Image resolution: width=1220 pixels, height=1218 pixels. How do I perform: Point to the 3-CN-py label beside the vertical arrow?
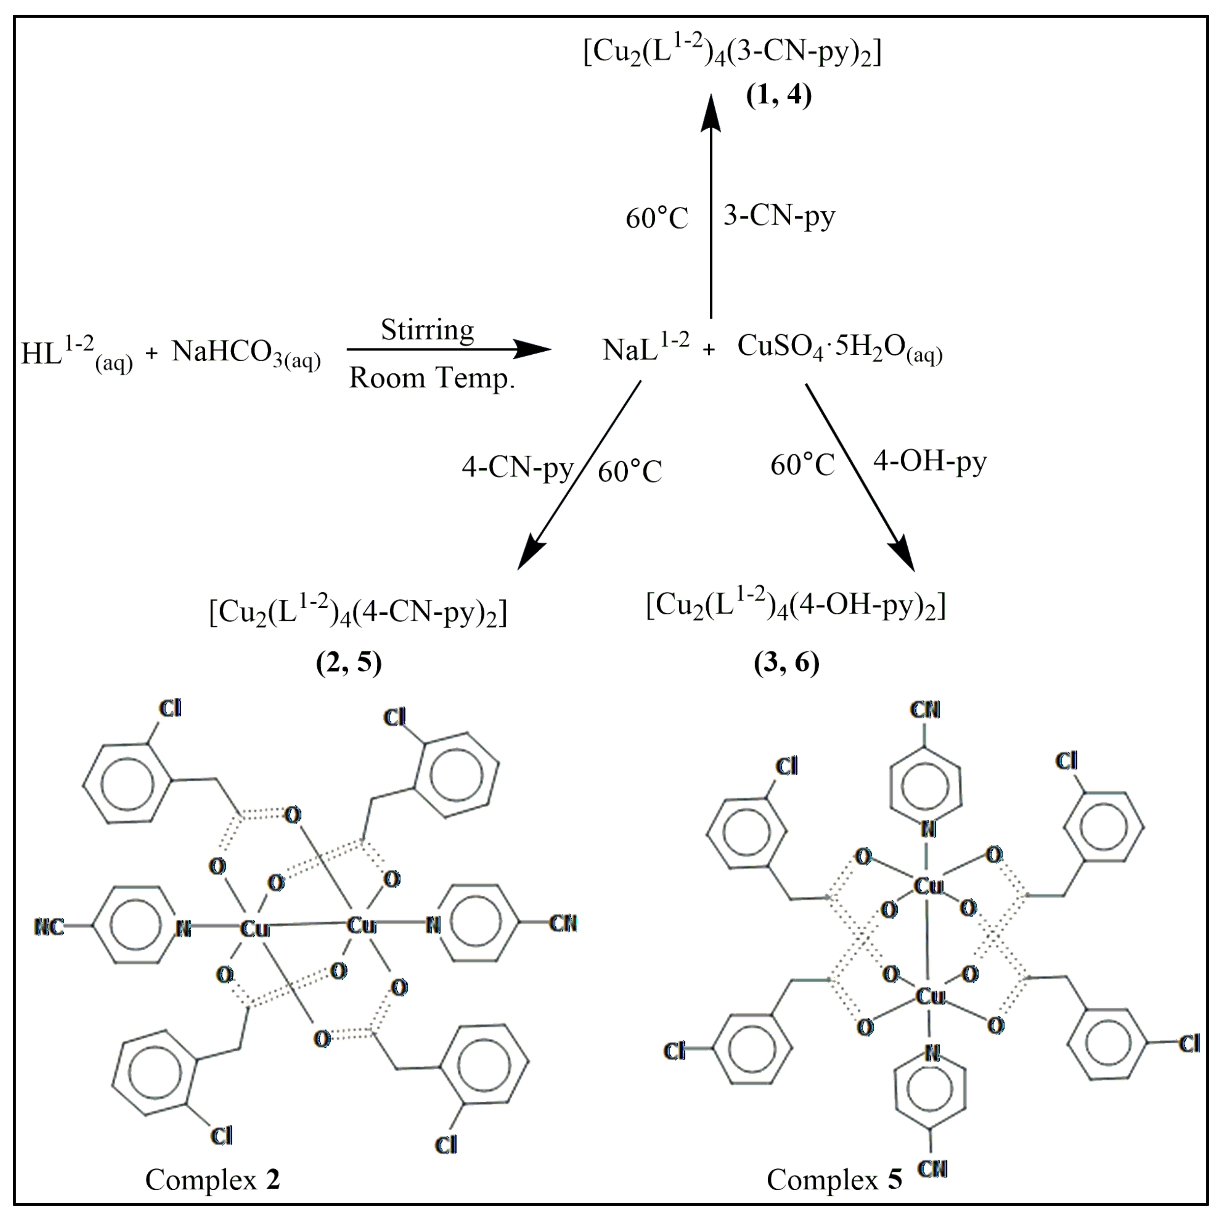click(779, 216)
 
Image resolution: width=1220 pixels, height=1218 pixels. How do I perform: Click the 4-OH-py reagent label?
click(930, 463)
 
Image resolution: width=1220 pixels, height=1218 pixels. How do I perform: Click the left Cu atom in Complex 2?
click(255, 928)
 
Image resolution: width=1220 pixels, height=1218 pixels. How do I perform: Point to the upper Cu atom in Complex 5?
click(928, 886)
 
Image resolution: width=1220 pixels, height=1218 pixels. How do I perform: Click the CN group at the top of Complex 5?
click(925, 710)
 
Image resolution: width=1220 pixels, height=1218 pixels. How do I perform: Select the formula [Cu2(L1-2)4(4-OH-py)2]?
click(796, 606)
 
